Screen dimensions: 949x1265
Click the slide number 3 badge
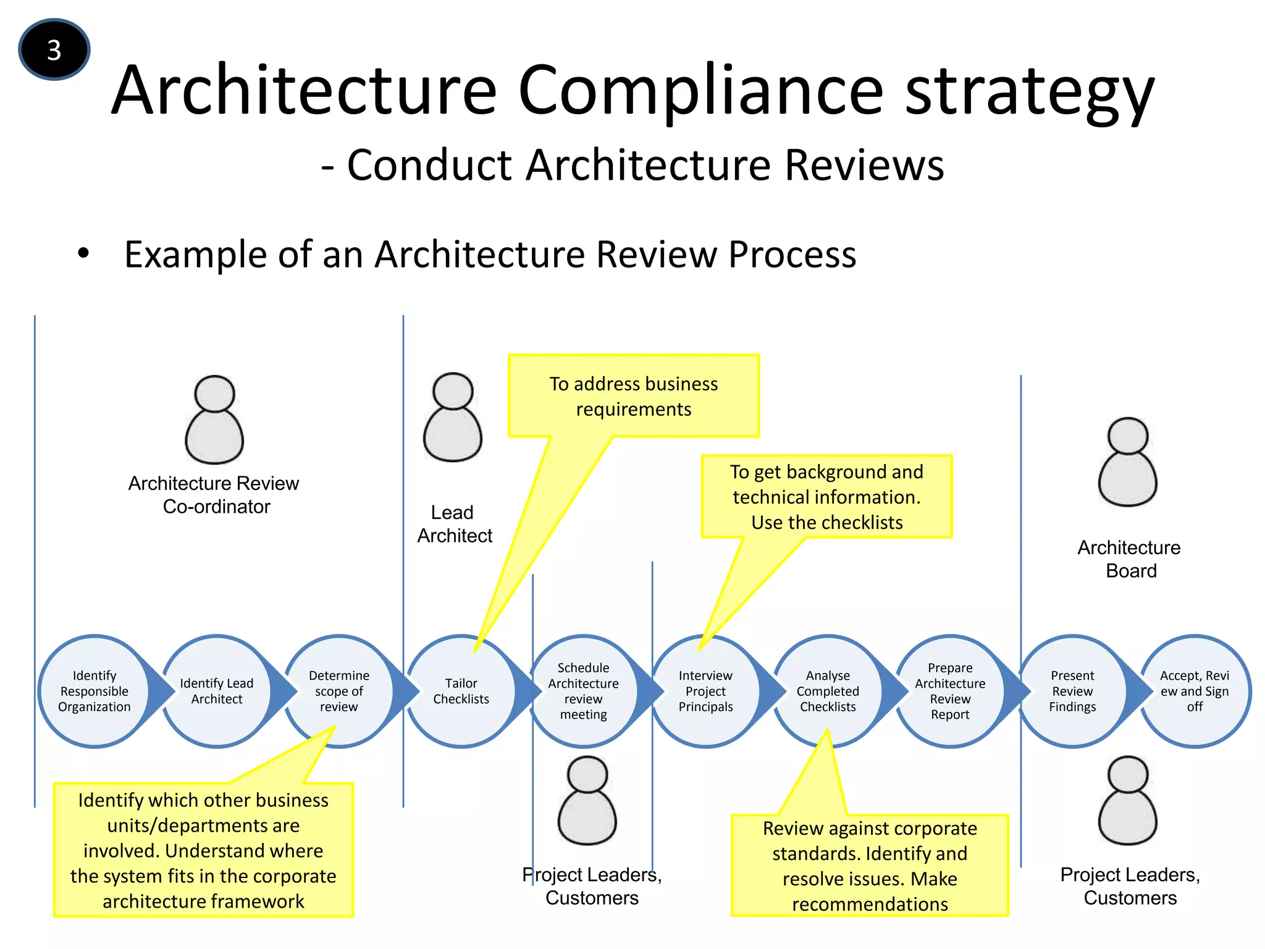tap(54, 50)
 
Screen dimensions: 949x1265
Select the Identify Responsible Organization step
tap(95, 691)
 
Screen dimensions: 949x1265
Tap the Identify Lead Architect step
tap(216, 691)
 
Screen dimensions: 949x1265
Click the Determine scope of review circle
tap(338, 691)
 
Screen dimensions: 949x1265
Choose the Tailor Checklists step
tap(461, 691)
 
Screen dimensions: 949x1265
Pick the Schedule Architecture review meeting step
tap(583, 691)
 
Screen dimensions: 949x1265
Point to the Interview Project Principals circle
tap(705, 691)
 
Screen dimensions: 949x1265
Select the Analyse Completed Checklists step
tap(828, 691)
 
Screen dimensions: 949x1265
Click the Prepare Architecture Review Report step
tap(950, 691)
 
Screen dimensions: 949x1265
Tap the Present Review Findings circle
tap(1072, 691)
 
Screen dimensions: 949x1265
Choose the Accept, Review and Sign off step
tap(1195, 691)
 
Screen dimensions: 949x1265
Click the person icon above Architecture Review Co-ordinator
tap(214, 420)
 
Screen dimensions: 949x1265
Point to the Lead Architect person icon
tap(453, 417)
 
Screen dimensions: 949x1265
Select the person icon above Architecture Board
tap(1128, 462)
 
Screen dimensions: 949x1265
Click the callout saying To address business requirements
tap(634, 396)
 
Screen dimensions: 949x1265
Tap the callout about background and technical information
tap(826, 497)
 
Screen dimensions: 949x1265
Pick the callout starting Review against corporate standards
tap(870, 866)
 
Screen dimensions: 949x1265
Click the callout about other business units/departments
tap(203, 850)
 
